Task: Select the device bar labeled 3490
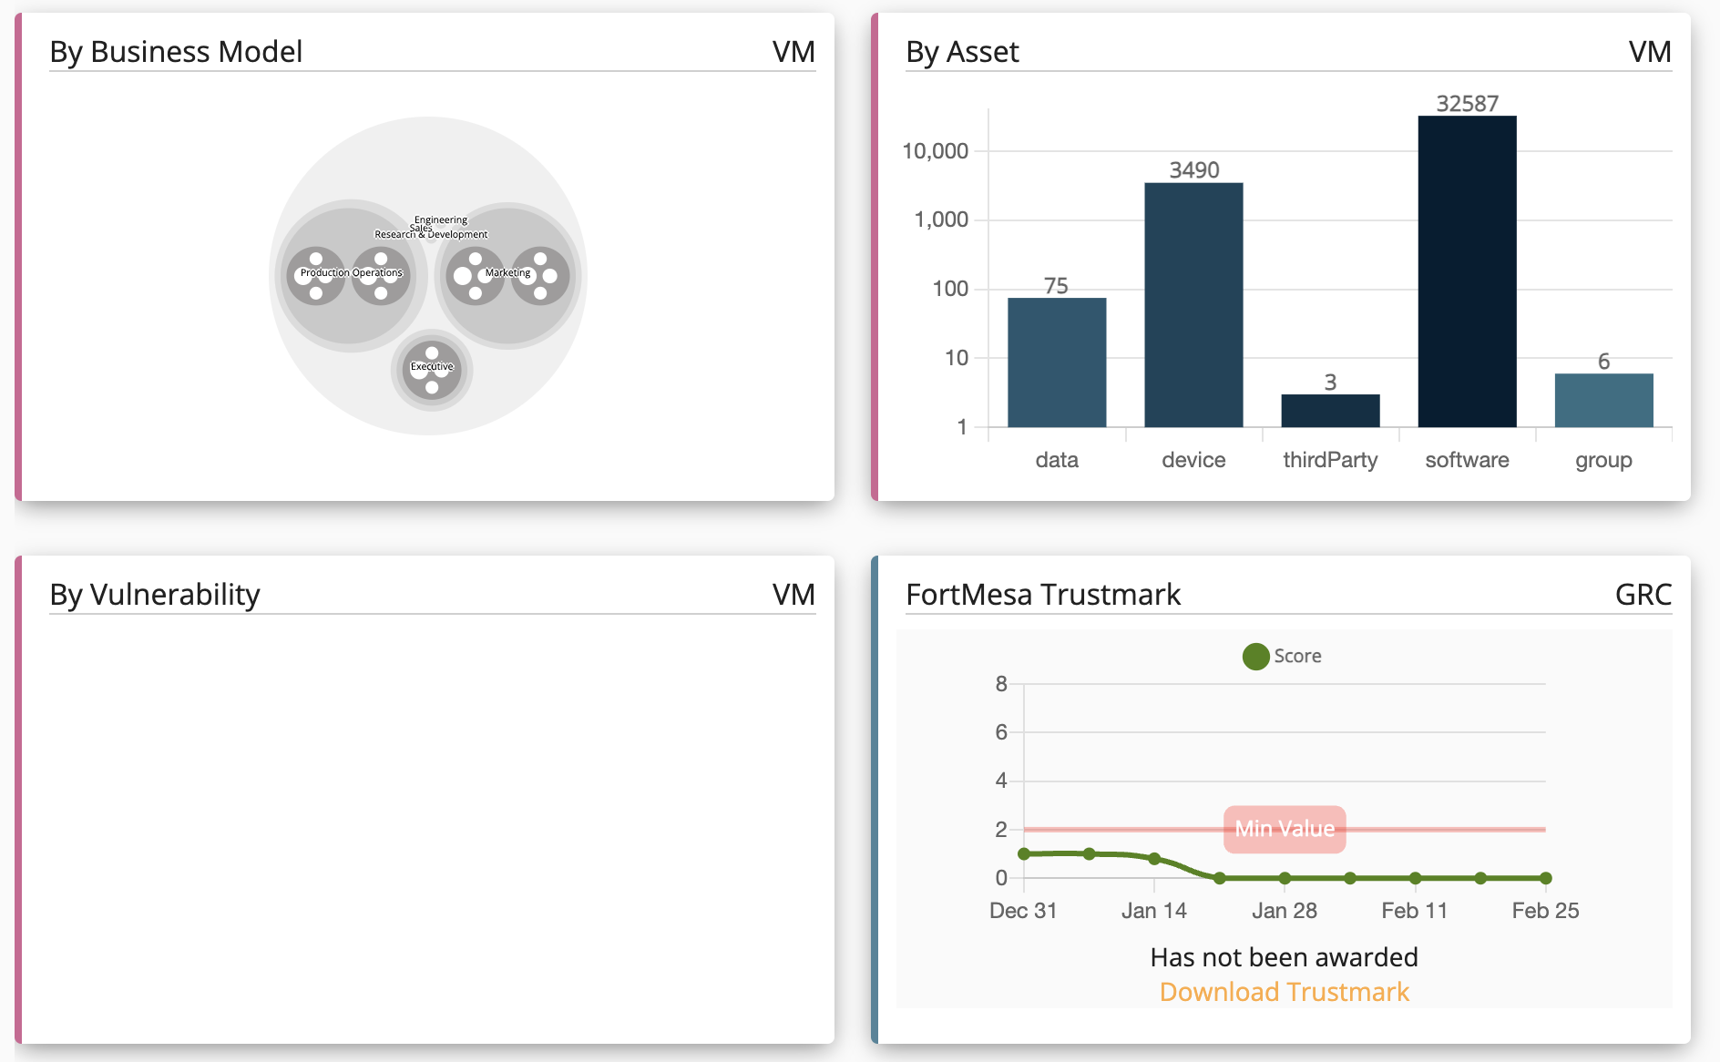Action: pyautogui.click(x=1193, y=305)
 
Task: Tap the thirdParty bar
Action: pyautogui.click(x=1330, y=411)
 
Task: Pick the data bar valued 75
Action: pyautogui.click(x=1057, y=363)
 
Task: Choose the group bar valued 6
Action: pyautogui.click(x=1603, y=401)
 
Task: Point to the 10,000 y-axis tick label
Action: pyautogui.click(x=935, y=151)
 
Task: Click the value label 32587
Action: pyautogui.click(x=1467, y=104)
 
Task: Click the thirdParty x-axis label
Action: pyautogui.click(x=1330, y=460)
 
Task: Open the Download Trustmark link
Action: pyautogui.click(x=1284, y=992)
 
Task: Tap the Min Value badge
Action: pyautogui.click(x=1284, y=829)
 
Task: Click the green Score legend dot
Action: pyautogui.click(x=1255, y=657)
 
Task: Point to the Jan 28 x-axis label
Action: pyautogui.click(x=1284, y=911)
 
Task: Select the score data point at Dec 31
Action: pyautogui.click(x=1024, y=854)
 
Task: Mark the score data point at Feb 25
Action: pyautogui.click(x=1545, y=878)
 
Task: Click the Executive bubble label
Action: pyautogui.click(x=432, y=367)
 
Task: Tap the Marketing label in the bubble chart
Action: pyautogui.click(x=507, y=273)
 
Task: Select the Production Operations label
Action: pyautogui.click(x=351, y=273)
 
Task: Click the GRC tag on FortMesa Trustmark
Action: pyautogui.click(x=1643, y=595)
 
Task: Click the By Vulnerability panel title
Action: pyautogui.click(x=155, y=595)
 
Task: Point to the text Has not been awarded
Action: pyautogui.click(x=1284, y=957)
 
